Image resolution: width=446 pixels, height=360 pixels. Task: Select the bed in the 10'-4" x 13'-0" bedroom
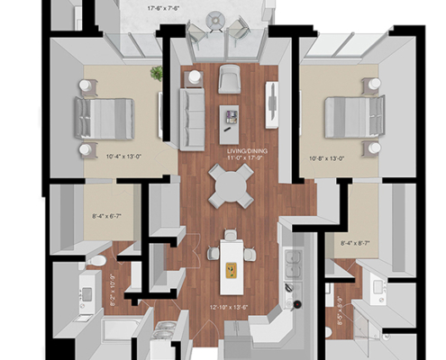[x=103, y=115]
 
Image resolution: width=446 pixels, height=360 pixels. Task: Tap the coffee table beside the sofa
[x=231, y=115]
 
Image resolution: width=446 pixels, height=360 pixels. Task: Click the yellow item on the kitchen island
[x=230, y=267]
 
